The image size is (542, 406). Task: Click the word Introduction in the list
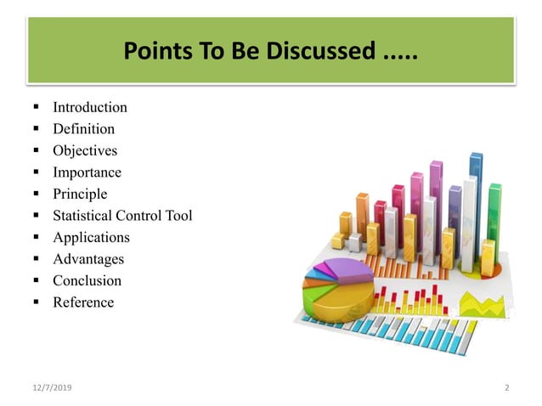[90, 108]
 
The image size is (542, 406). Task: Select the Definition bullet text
[83, 129]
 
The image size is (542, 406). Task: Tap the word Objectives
[85, 151]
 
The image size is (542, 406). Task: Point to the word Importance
[87, 172]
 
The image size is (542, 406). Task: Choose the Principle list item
[80, 194]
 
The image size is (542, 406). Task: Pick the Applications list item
[91, 237]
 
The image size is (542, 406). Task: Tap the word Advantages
[88, 259]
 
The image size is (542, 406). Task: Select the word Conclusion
[87, 280]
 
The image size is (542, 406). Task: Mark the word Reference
[83, 302]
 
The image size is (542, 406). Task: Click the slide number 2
[506, 388]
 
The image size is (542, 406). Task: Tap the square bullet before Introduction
[37, 108]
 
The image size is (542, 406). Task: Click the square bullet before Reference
[37, 302]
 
